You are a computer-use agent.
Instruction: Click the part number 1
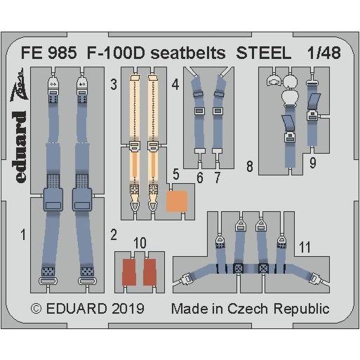tap(23, 236)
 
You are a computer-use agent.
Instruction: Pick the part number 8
tap(249, 167)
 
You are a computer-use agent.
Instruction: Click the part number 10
tap(140, 243)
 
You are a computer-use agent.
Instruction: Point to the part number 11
tap(304, 246)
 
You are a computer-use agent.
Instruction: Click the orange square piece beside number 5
tap(176, 202)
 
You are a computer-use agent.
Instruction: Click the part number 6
tap(201, 178)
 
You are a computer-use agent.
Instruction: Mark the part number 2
tap(112, 235)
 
